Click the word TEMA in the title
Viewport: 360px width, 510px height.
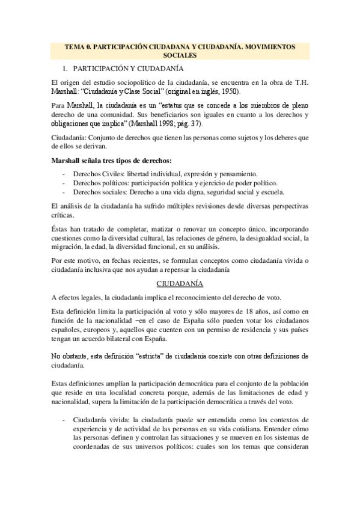[75, 46]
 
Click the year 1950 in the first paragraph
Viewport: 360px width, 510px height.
[228, 91]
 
